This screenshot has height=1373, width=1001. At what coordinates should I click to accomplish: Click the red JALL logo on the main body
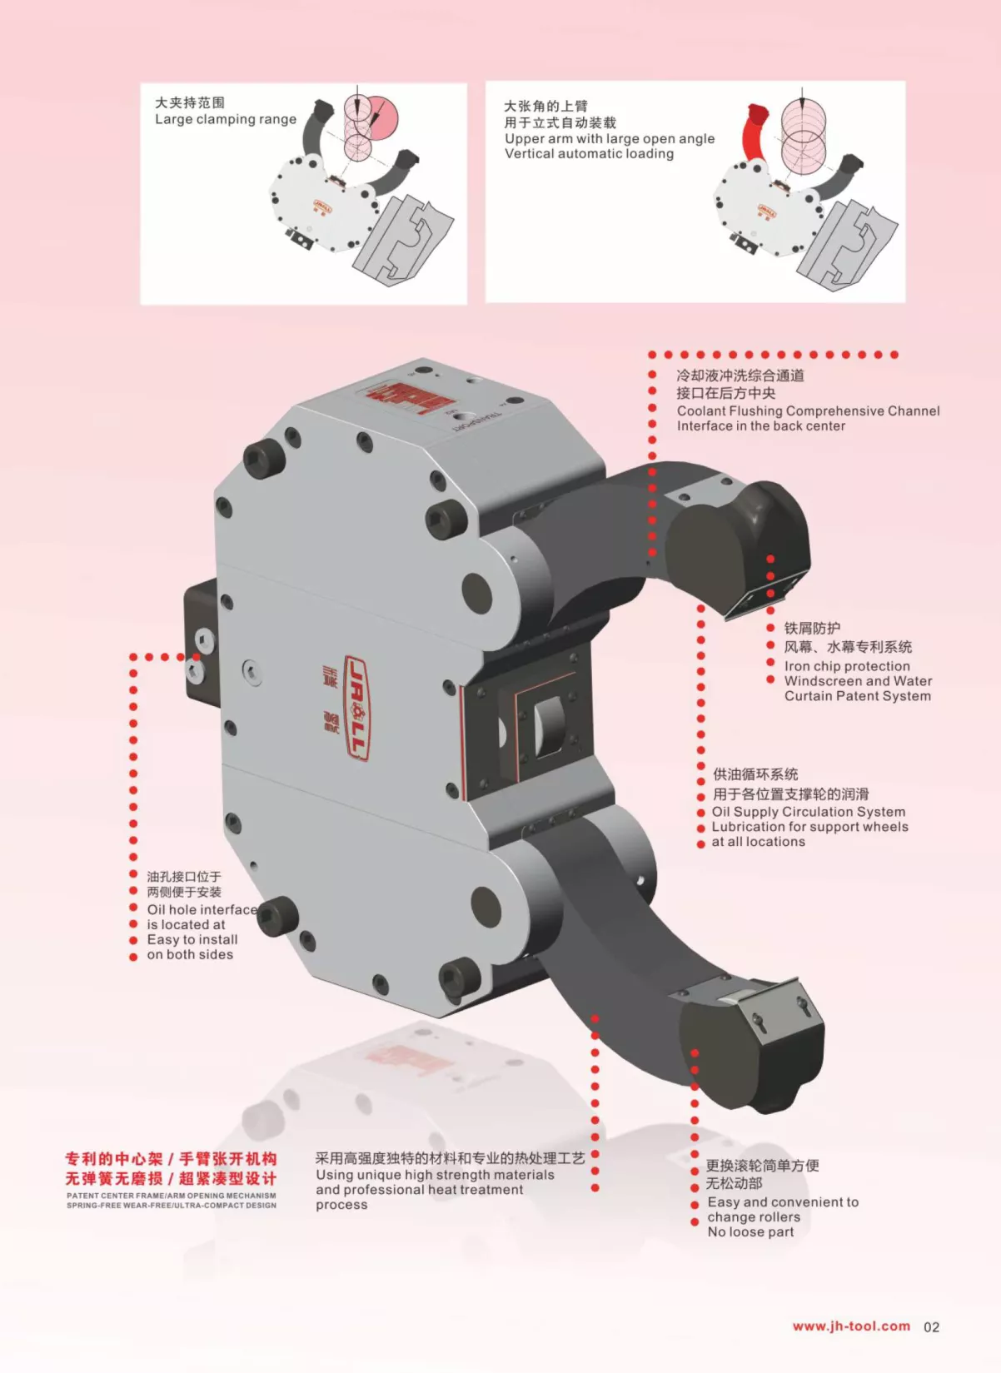357,708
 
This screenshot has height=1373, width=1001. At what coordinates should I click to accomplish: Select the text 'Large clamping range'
226,120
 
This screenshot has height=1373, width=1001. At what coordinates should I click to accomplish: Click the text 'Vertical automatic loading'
589,154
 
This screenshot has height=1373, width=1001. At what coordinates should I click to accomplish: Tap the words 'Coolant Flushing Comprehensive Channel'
808,410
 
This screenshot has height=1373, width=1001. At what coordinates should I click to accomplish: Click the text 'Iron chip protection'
847,666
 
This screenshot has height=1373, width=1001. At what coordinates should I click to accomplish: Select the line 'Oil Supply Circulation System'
809,812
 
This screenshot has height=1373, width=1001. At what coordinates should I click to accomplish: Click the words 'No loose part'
750,1232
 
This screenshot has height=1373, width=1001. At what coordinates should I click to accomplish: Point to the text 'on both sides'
190,954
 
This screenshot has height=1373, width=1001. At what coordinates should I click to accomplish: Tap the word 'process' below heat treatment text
341,1205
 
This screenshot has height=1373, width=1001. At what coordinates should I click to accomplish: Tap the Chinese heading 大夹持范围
190,102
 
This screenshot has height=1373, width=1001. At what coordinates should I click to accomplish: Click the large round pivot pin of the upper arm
477,591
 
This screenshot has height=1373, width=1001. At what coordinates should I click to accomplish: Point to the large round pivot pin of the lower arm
486,908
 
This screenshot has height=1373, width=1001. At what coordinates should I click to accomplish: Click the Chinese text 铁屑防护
812,629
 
